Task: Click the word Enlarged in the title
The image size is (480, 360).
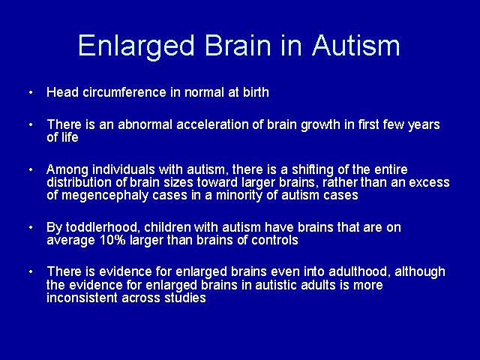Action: (x=136, y=46)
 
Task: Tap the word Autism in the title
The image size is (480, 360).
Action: (x=356, y=45)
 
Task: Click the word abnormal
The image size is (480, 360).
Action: (x=145, y=124)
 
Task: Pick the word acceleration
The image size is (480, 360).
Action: (x=213, y=124)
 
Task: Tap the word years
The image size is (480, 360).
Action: (x=424, y=125)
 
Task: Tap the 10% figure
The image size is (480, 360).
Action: (x=112, y=240)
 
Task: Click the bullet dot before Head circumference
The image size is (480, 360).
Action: (x=31, y=92)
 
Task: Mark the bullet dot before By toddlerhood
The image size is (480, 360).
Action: (x=31, y=228)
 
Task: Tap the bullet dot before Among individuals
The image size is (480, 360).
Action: (x=31, y=169)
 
